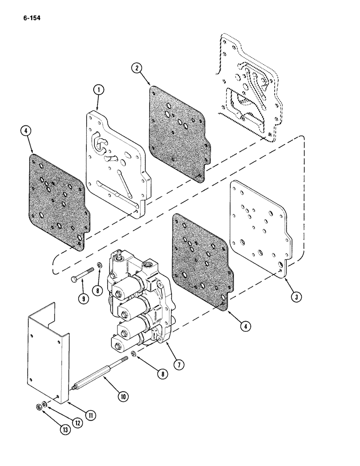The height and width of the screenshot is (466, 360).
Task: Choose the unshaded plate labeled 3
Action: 261,228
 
